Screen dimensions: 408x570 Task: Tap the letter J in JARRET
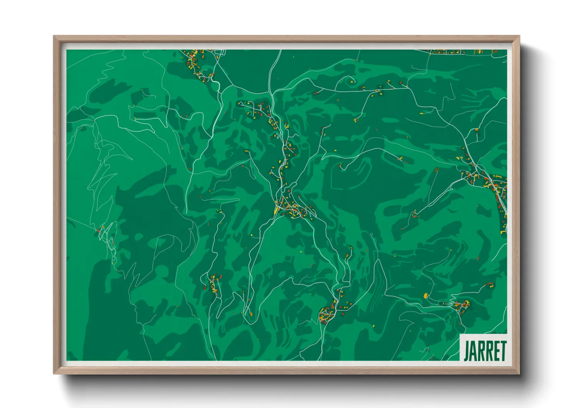[466, 351]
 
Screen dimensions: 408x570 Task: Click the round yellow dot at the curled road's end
[352, 82]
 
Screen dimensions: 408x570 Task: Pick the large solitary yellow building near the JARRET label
[426, 296]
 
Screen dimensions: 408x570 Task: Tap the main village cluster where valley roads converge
[291, 208]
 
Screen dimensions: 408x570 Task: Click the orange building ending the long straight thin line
[477, 130]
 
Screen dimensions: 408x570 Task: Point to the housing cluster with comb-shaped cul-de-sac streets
[254, 108]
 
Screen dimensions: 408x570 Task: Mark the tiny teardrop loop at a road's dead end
[372, 234]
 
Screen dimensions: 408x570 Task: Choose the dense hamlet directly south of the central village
[327, 314]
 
